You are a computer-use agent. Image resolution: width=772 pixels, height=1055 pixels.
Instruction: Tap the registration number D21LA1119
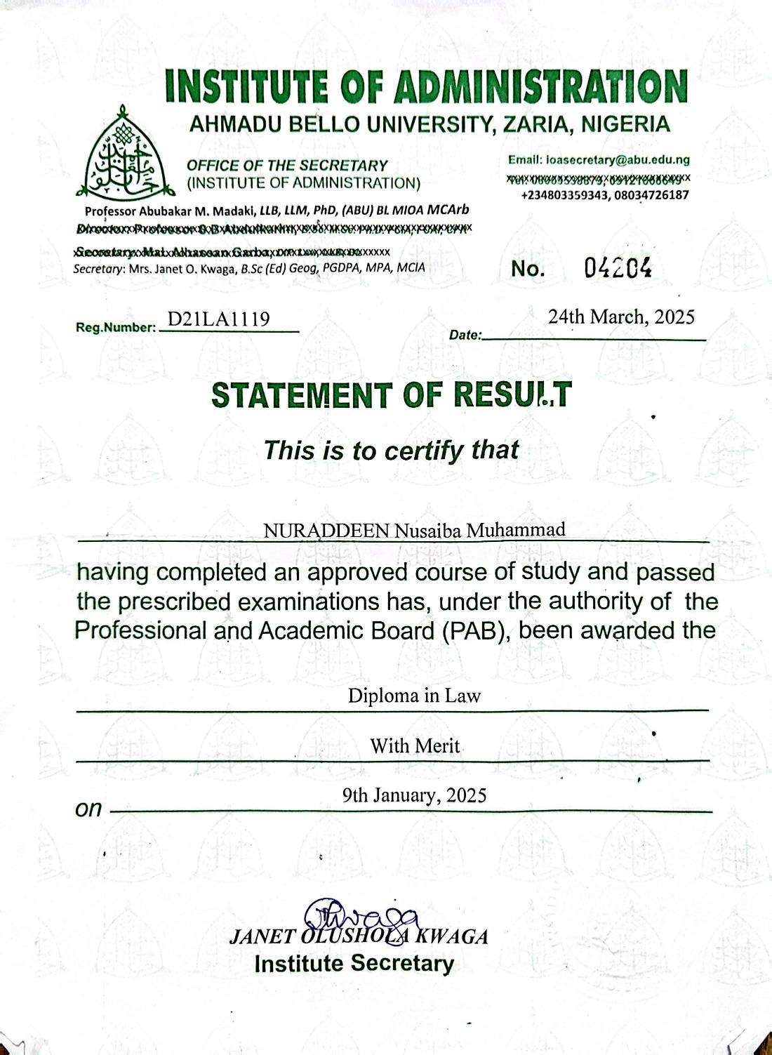[218, 320]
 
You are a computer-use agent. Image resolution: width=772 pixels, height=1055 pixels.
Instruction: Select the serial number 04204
[618, 267]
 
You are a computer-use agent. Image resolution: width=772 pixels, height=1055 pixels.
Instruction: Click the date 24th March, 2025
[621, 317]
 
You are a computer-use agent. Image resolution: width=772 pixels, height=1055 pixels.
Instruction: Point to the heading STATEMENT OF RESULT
[392, 395]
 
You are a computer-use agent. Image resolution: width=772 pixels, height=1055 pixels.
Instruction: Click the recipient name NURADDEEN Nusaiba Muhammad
[414, 530]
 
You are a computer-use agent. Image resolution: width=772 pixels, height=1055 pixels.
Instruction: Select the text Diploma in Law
[414, 696]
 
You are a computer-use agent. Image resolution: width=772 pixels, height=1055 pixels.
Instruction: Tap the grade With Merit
[415, 745]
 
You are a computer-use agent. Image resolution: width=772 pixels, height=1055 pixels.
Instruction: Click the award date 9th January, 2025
[414, 795]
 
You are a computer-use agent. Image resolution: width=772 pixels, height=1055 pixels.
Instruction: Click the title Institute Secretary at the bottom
[354, 964]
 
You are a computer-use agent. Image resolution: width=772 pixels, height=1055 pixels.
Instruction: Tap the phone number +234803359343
[565, 195]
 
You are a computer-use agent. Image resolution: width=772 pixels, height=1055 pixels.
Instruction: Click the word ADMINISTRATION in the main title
[540, 87]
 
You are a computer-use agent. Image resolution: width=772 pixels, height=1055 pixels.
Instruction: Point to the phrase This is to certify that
[391, 450]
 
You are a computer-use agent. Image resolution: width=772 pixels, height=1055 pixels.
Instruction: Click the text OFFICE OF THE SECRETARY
[287, 166]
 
